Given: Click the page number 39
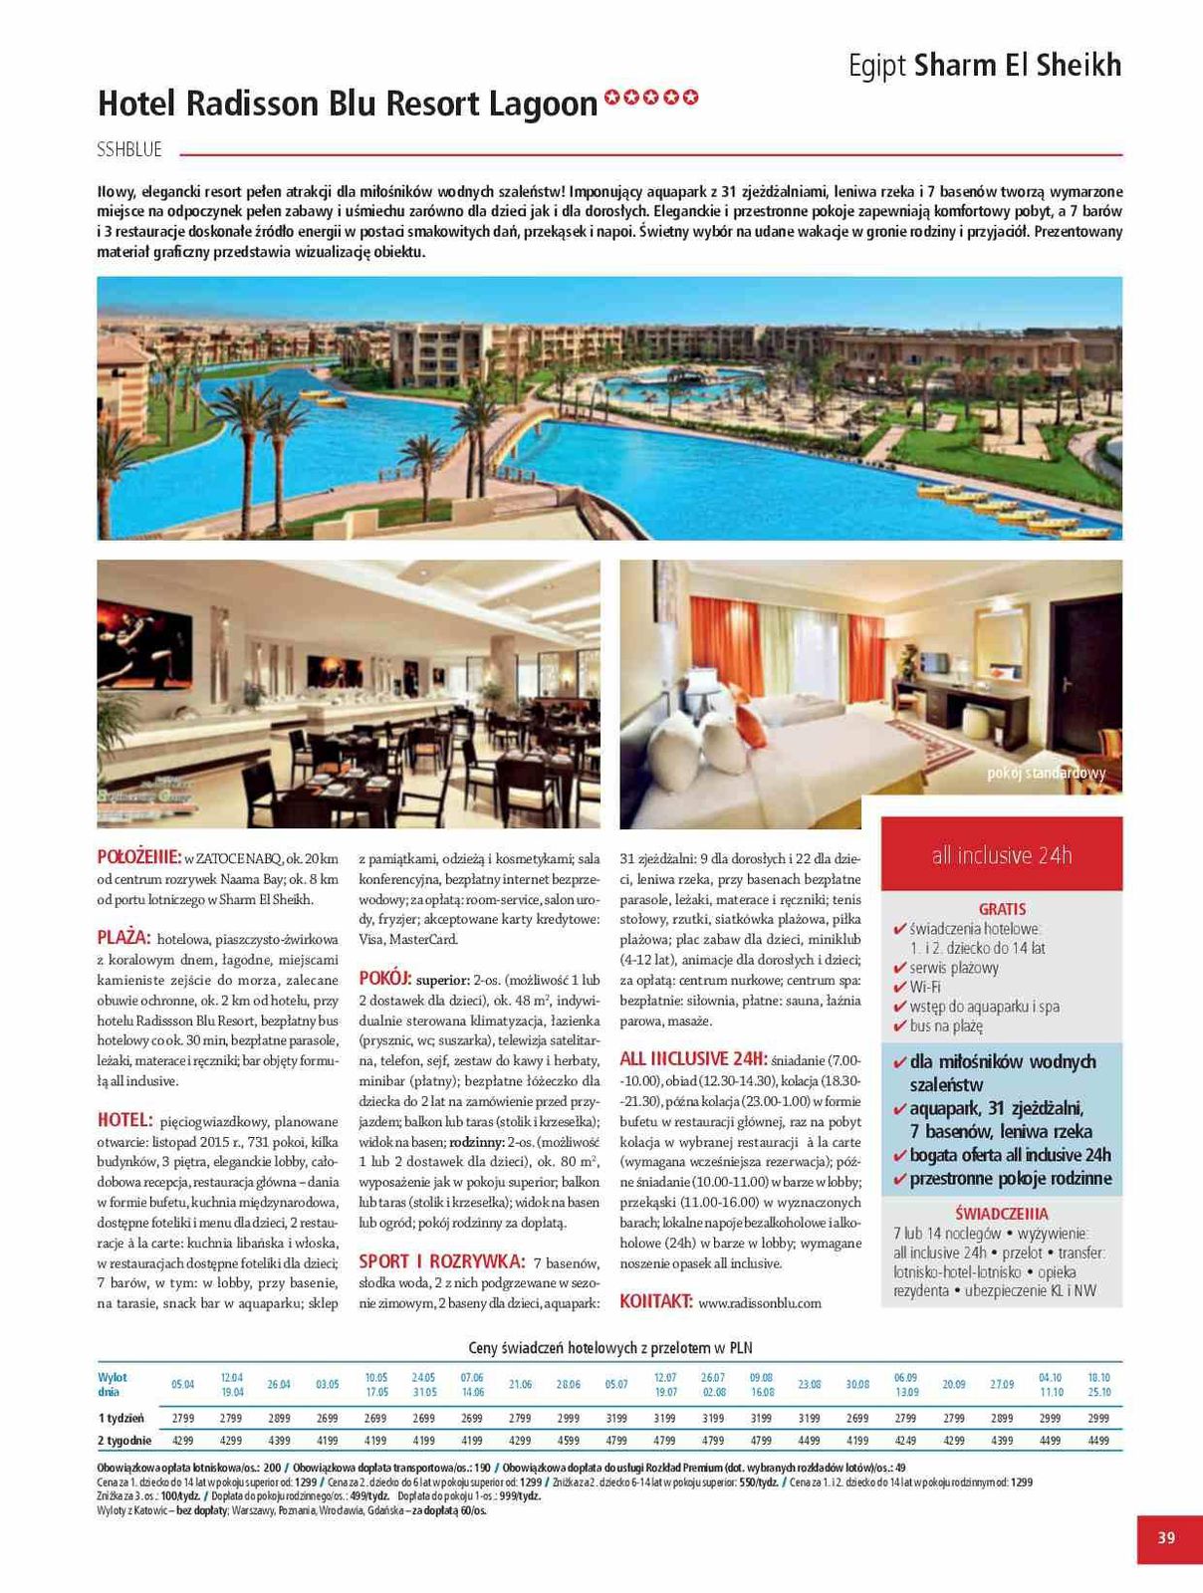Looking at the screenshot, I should point(1166,1537).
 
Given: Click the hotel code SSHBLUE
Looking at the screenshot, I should point(129,150).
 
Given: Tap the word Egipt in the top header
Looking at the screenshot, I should point(876,66).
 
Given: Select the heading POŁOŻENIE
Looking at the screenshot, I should point(138,857).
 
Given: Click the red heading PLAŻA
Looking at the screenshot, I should point(123,938).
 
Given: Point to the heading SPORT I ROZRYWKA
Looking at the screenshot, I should point(441,1261).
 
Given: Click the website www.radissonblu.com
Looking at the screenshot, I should point(760,1302).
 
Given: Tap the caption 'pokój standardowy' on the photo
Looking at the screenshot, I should point(1046,774).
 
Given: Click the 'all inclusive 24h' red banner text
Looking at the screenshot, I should point(1001,855).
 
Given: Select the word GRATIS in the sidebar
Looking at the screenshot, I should point(1002,909).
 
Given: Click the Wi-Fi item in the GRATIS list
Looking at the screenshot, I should point(925,987).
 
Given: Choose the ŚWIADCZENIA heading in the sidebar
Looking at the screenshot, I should point(1001,1214).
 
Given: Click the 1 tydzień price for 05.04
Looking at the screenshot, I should point(182,1417).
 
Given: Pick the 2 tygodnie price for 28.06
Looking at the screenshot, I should point(569,1440).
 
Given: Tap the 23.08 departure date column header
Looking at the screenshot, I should point(810,1384).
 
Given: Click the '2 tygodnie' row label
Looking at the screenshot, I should point(124,1440).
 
